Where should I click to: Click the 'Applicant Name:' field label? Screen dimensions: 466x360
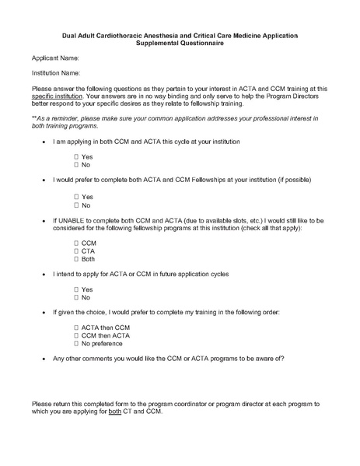click(55, 58)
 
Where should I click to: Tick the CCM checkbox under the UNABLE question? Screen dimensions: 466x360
click(76, 243)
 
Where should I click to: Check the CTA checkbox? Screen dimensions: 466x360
click(76, 251)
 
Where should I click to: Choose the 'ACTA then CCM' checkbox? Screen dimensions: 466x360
click(76, 328)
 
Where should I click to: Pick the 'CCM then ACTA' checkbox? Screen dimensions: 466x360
click(76, 335)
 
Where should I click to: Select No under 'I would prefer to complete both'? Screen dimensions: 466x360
click(76, 205)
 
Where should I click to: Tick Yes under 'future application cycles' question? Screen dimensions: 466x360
click(76, 289)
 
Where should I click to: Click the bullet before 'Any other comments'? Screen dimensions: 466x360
click(42, 359)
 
